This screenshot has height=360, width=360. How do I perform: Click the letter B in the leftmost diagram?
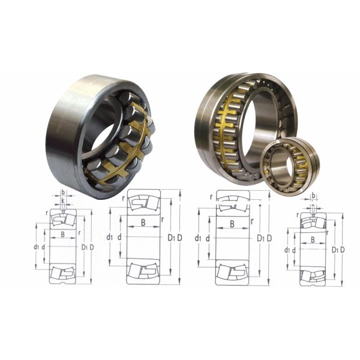pyautogui.click(x=62, y=235)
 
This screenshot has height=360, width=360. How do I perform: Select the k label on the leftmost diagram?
pyautogui.click(x=62, y=200)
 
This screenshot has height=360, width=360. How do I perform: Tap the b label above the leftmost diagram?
pyautogui.click(x=62, y=193)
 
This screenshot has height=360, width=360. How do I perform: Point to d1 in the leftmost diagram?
pyautogui.click(x=37, y=247)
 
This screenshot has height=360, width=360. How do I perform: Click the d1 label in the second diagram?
pyautogui.click(x=109, y=237)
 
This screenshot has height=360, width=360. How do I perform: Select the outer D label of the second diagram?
pyautogui.click(x=179, y=238)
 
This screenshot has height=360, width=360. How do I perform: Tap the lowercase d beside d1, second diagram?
pyautogui.click(x=119, y=237)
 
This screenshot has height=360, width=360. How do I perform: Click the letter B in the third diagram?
pyautogui.click(x=232, y=224)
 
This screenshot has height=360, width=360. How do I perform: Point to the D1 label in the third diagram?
pyautogui.click(x=260, y=238)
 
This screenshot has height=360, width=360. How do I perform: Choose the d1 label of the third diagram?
pyautogui.click(x=198, y=238)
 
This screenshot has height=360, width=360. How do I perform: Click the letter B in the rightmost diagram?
pyautogui.click(x=313, y=239)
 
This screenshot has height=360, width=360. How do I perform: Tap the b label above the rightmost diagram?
pyautogui.click(x=314, y=196)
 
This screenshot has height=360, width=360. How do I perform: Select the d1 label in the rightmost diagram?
pyautogui.click(x=287, y=250)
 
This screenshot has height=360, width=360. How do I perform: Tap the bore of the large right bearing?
pyautogui.click(x=259, y=126)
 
